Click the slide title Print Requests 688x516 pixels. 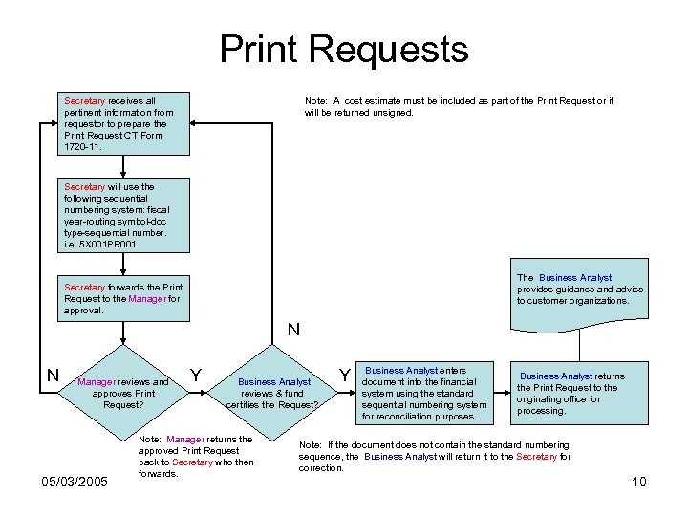(x=344, y=49)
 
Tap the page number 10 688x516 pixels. (x=639, y=482)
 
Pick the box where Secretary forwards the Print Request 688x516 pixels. (x=122, y=298)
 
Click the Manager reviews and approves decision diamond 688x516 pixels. (x=123, y=393)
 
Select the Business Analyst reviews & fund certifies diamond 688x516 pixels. (x=273, y=393)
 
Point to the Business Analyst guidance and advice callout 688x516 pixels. (x=580, y=290)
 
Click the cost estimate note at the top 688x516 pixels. (x=459, y=106)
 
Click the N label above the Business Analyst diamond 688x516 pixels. (x=293, y=331)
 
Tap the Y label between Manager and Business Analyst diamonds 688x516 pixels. (x=196, y=374)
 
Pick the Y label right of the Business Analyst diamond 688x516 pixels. (x=345, y=374)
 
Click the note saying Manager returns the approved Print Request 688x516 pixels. (x=196, y=456)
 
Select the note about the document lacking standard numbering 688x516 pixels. (x=435, y=456)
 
